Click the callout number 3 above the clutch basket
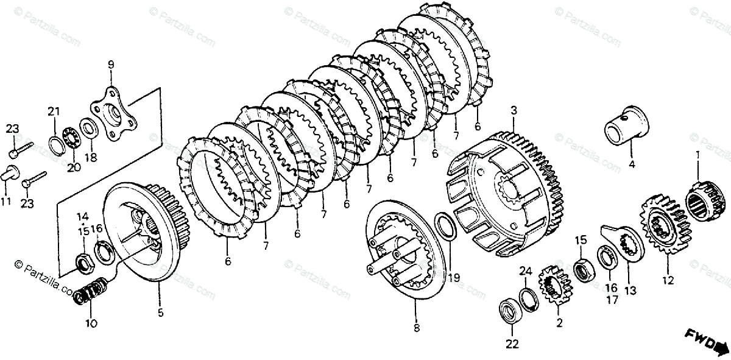click(x=514, y=111)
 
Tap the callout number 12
click(x=668, y=281)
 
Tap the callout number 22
click(x=512, y=344)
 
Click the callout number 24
click(x=526, y=270)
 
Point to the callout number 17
click(x=611, y=300)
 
